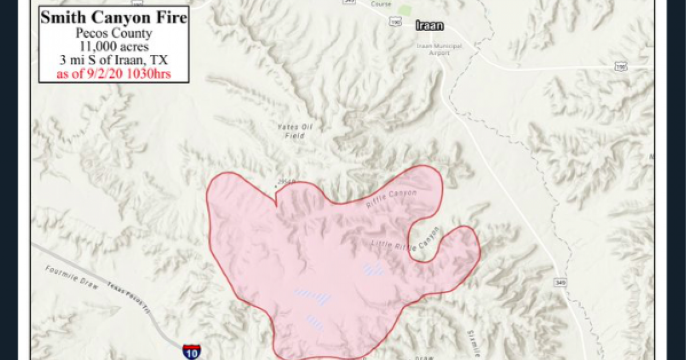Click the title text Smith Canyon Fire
(113, 18)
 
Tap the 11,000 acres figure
(113, 47)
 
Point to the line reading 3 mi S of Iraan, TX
(113, 61)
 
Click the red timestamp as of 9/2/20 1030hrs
(113, 74)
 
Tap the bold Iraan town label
(430, 25)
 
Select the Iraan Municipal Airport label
(439, 49)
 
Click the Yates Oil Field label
(289, 131)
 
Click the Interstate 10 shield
(192, 351)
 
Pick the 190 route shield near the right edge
(620, 67)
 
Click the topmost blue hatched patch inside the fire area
(373, 269)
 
